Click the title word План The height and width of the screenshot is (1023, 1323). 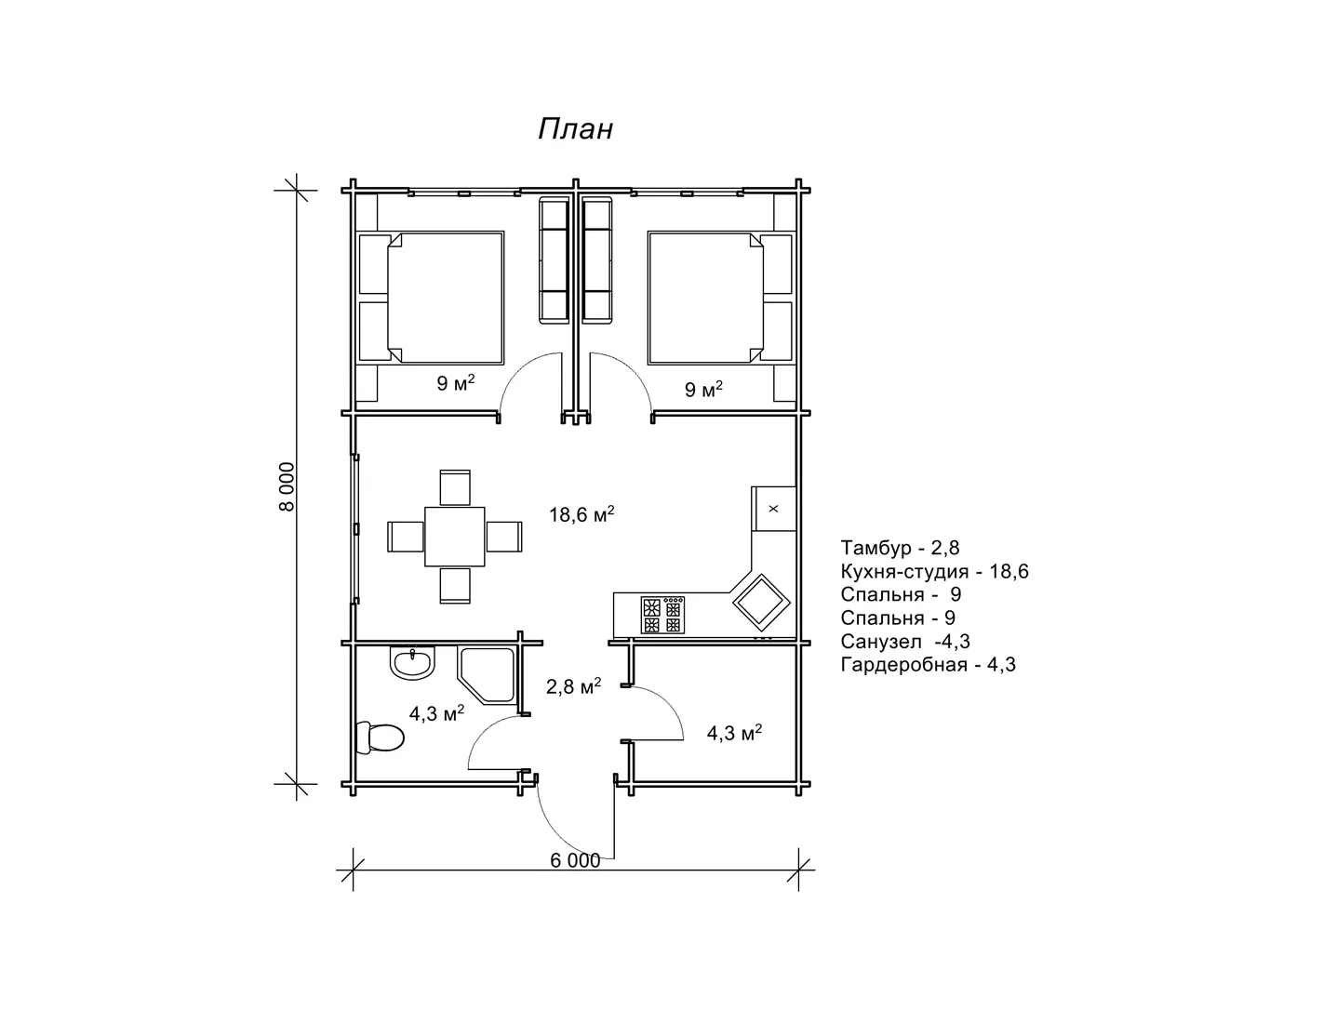tap(575, 129)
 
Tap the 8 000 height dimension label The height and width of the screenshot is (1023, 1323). tap(287, 486)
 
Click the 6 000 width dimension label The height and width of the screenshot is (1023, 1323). tap(575, 860)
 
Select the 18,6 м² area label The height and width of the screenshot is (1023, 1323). tap(581, 514)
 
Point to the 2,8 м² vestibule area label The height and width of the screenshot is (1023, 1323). tap(573, 685)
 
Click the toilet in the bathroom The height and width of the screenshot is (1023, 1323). tap(380, 738)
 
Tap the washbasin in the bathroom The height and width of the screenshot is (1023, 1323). tap(412, 663)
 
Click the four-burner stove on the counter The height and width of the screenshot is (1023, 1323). tap(662, 616)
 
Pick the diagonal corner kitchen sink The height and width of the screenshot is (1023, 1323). tap(761, 603)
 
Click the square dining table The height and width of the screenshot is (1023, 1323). tap(455, 537)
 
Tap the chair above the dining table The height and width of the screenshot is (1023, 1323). tap(455, 487)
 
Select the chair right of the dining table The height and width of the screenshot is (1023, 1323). tap(504, 537)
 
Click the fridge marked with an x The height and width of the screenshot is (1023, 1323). tap(774, 509)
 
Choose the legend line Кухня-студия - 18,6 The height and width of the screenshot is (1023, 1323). tap(934, 571)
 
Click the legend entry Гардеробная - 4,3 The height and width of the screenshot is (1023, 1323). tap(929, 664)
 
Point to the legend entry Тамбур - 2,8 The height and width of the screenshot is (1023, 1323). tap(900, 548)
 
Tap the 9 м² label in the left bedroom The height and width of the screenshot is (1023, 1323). tap(455, 383)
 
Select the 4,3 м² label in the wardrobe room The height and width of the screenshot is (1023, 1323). tap(734, 733)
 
